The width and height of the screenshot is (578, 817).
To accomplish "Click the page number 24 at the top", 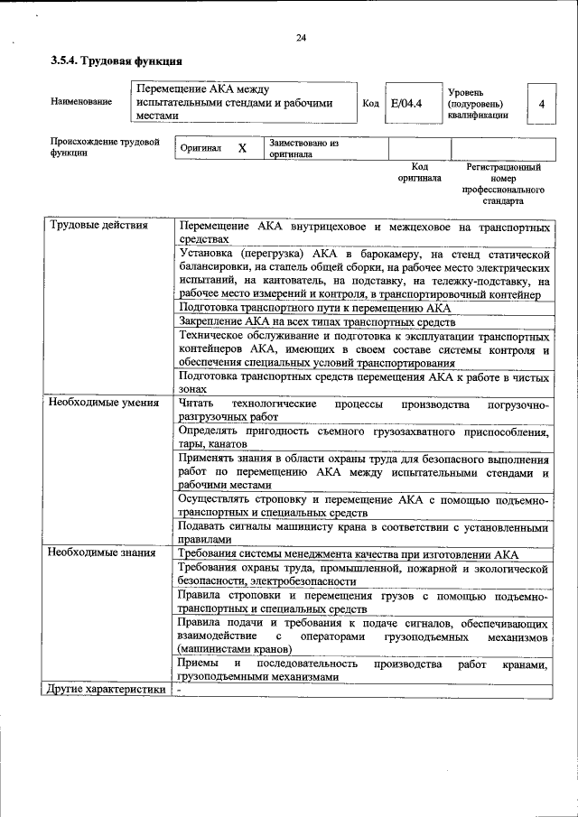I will click(301, 37).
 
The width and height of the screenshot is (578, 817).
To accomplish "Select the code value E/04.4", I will click(406, 104).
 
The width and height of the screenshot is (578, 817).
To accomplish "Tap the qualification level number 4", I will click(541, 104).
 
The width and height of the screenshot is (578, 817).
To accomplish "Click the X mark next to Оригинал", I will click(242, 148).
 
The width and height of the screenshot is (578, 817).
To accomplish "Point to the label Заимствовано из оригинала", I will click(303, 148).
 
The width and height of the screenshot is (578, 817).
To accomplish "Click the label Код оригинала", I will click(419, 172).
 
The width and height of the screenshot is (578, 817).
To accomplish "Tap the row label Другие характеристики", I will click(107, 690).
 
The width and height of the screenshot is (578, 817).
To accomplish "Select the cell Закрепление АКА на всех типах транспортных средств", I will click(317, 322).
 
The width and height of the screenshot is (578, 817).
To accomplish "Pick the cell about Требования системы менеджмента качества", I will click(349, 553).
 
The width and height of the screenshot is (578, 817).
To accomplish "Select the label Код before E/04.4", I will click(369, 104).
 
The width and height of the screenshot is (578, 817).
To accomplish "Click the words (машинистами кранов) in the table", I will click(234, 648).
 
